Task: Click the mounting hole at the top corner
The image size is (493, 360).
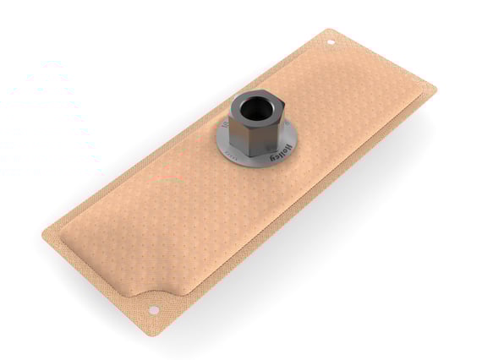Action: (x=331, y=41)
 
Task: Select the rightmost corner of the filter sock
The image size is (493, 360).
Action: (x=435, y=87)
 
